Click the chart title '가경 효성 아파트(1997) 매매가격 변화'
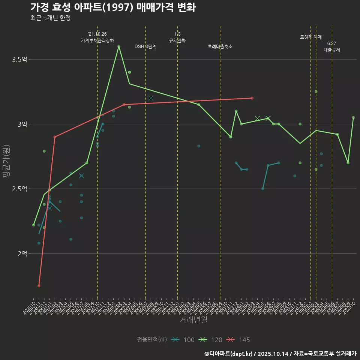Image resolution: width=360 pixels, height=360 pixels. (113, 7)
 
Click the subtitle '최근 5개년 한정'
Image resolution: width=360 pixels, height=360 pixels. (50, 18)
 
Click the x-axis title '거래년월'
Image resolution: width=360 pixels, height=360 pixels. (193, 320)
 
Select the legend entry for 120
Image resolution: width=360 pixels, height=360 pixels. (210, 340)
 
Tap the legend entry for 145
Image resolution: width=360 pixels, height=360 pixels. (238, 340)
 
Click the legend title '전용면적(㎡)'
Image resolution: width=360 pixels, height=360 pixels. (152, 340)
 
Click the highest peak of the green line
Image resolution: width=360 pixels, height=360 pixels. (119, 46)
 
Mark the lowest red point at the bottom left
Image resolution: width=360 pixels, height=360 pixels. (39, 286)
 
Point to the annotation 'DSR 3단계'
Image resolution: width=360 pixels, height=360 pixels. (145, 46)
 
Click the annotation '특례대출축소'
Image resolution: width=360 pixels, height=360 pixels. (220, 46)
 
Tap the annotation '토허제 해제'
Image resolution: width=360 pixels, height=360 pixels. (311, 37)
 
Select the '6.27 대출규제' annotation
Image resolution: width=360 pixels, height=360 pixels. (332, 46)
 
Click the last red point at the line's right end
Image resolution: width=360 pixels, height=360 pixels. (252, 98)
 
